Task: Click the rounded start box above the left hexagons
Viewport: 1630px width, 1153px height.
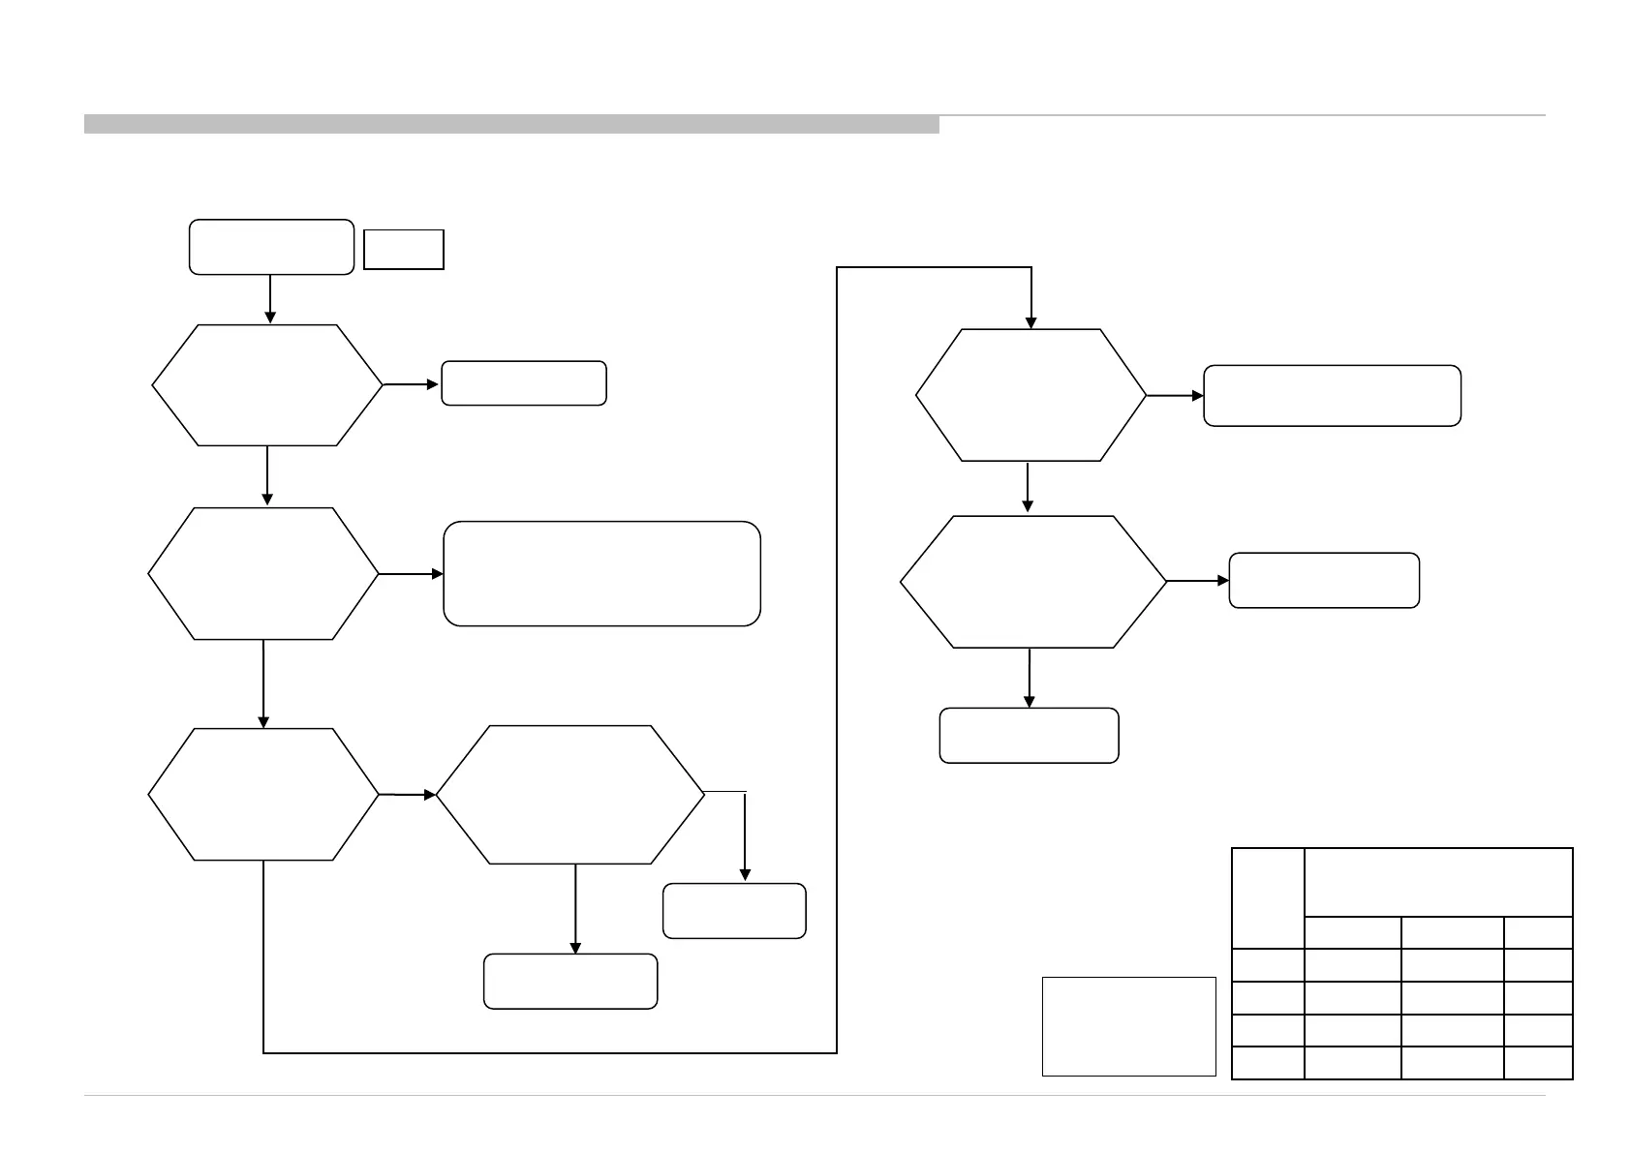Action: point(271,247)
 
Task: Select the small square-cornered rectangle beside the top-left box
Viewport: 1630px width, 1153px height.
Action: point(403,250)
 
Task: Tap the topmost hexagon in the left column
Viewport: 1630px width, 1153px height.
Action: point(267,385)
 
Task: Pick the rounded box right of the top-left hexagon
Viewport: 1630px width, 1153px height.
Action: point(524,383)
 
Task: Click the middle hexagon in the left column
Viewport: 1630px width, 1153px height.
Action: point(263,573)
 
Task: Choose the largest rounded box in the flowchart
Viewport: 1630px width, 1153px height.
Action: point(601,574)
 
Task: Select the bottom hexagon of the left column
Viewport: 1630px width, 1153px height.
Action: point(263,794)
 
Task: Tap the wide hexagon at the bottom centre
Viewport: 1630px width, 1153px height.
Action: point(570,794)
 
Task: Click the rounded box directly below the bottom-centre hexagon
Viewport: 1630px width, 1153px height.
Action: point(570,982)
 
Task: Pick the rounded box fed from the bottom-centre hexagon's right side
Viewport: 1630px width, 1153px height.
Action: point(734,911)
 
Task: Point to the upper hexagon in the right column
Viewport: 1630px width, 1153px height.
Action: point(1030,395)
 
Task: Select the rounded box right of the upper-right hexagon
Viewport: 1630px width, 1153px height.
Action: point(1332,396)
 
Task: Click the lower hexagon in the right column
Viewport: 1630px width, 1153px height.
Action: point(1033,582)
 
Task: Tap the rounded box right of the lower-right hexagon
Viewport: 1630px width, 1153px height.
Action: point(1324,581)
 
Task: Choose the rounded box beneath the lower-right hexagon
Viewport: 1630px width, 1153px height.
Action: point(1029,736)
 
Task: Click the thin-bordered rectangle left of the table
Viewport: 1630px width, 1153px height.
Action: point(1128,1026)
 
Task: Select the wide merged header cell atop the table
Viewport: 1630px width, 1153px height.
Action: point(1438,882)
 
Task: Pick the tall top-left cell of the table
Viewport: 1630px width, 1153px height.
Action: point(1268,898)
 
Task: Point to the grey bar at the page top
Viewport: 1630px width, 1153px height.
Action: point(511,125)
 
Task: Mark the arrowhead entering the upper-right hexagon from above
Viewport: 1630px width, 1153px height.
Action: point(1031,322)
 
